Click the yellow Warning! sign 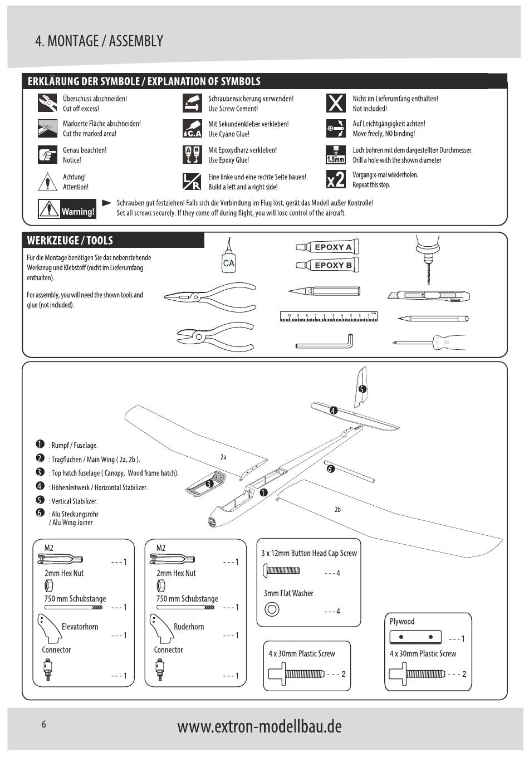point(67,209)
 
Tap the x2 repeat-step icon point(335,179)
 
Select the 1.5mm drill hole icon point(335,154)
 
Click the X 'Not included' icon point(335,103)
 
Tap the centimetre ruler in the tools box point(329,317)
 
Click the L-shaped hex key point(325,341)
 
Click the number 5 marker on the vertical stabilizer point(362,389)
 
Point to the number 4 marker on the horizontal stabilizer point(334,411)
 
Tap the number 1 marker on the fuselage point(263,492)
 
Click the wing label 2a point(223,457)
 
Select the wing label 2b point(337,509)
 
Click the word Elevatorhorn point(80,627)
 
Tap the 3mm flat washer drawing point(272,609)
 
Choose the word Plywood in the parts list point(401,622)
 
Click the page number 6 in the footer point(43,725)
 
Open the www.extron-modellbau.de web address point(259,726)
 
